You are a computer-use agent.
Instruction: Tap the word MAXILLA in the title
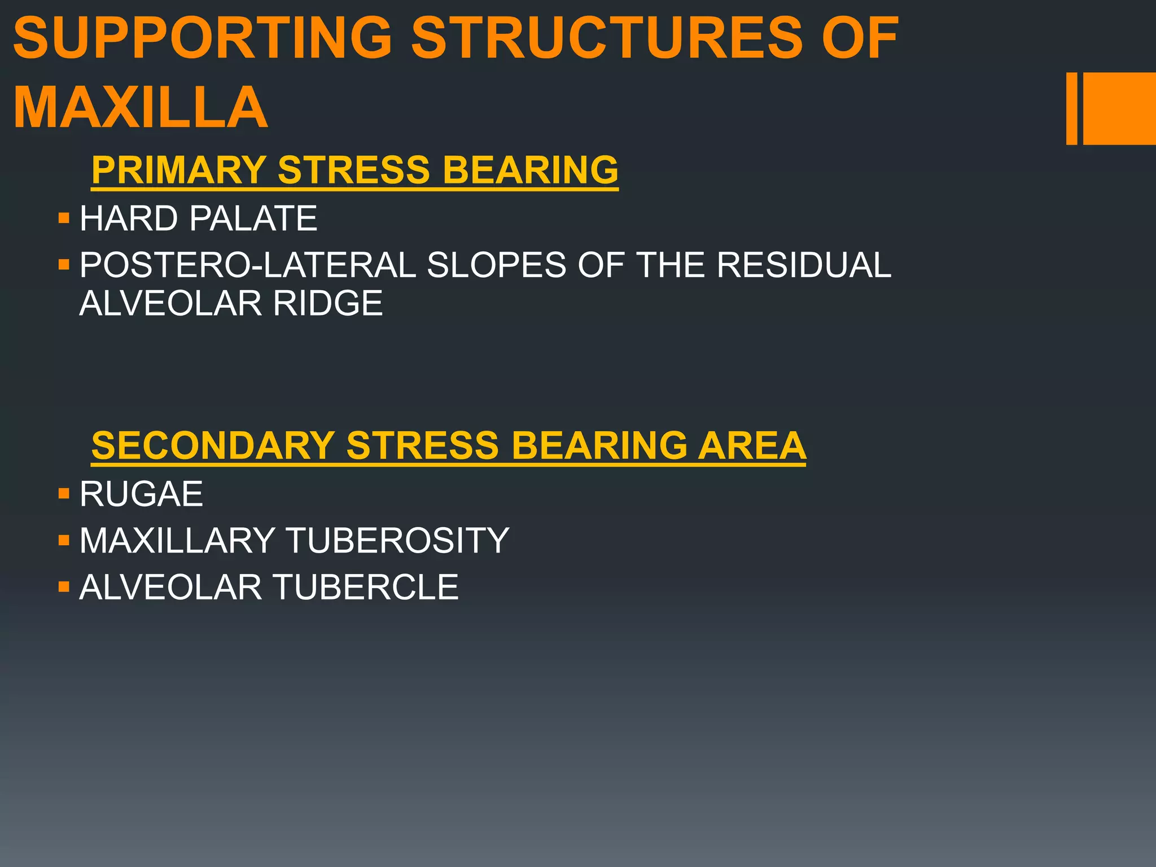click(x=140, y=107)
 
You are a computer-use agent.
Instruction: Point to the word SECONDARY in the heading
click(x=213, y=445)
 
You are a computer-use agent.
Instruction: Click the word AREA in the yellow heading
click(x=752, y=445)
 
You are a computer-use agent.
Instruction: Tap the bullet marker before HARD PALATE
click(x=63, y=218)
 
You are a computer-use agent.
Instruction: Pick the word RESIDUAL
click(x=804, y=265)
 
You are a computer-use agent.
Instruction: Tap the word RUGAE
click(x=141, y=494)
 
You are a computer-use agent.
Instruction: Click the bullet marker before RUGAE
click(x=63, y=494)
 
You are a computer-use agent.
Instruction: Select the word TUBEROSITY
click(x=398, y=540)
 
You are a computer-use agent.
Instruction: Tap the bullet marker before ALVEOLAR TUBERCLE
click(x=63, y=587)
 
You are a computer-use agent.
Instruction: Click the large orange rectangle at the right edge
click(x=1119, y=108)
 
